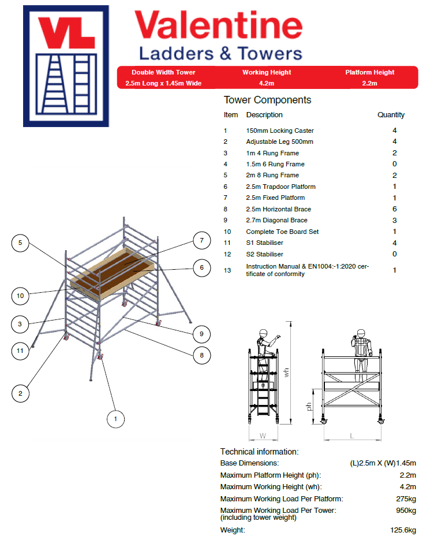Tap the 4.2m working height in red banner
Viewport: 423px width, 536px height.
pyautogui.click(x=267, y=83)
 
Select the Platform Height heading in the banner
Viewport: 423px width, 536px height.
pyautogui.click(x=370, y=73)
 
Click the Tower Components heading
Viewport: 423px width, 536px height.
pyautogui.click(x=267, y=100)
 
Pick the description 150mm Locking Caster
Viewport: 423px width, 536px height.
pyautogui.click(x=280, y=131)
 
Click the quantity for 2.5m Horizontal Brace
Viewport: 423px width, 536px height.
pyautogui.click(x=394, y=209)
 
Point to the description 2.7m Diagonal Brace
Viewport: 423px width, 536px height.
pyautogui.click(x=276, y=220)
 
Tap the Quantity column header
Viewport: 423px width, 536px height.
pyautogui.click(x=391, y=115)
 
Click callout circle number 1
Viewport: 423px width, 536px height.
pyautogui.click(x=115, y=418)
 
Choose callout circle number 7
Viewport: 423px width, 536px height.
pyautogui.click(x=201, y=240)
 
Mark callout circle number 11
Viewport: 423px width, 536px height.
pyautogui.click(x=20, y=349)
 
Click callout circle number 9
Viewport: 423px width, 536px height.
pyautogui.click(x=201, y=333)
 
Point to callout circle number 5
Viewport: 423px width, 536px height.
pyautogui.click(x=20, y=243)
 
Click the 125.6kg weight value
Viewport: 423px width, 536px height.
pyautogui.click(x=403, y=530)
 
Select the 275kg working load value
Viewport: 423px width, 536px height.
pyautogui.click(x=406, y=498)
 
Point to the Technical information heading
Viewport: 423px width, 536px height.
pyautogui.click(x=259, y=452)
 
